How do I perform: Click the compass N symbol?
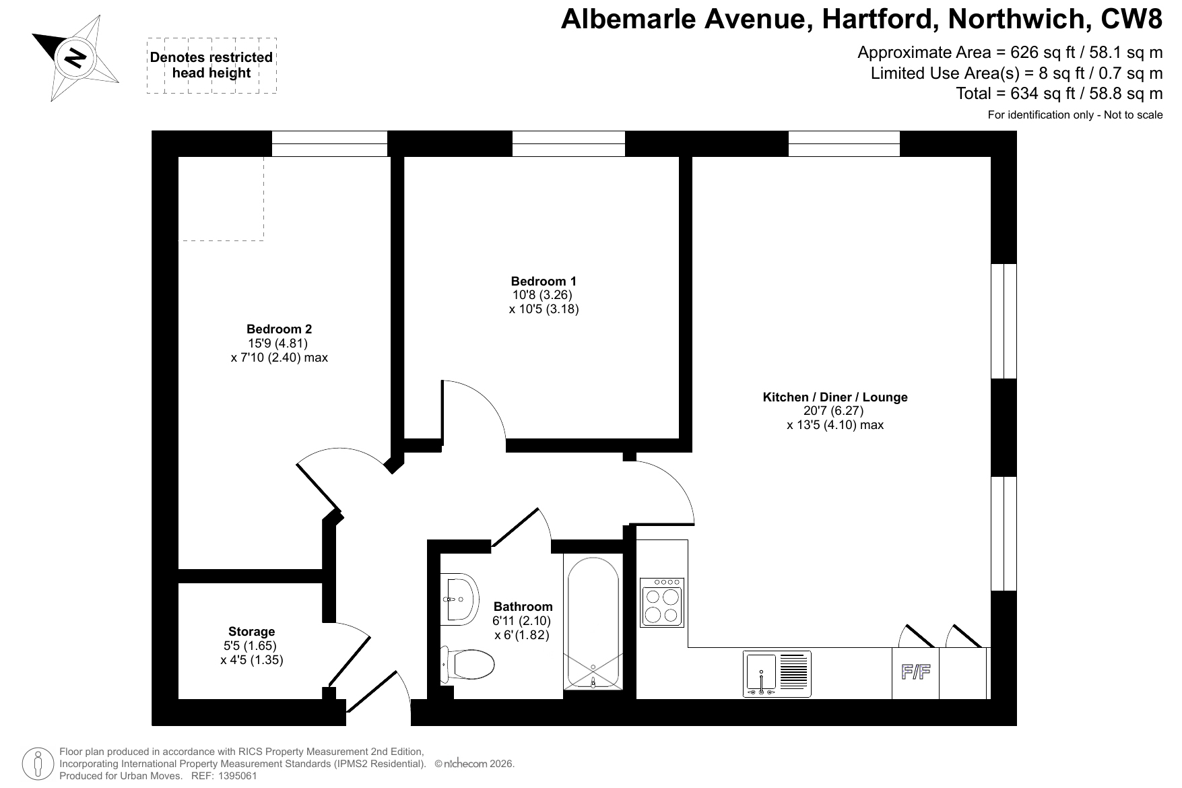[75, 58]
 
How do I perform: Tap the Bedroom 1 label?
[544, 281]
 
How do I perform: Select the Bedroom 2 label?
[279, 329]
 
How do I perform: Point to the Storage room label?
[251, 632]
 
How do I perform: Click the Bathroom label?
[523, 606]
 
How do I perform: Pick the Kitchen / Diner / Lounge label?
[834, 397]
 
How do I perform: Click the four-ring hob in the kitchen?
[662, 602]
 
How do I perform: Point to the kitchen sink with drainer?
[777, 674]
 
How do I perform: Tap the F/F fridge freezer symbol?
[916, 672]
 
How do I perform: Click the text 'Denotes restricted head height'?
[211, 65]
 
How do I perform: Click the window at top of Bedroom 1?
[568, 143]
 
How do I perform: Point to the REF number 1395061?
[235, 776]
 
